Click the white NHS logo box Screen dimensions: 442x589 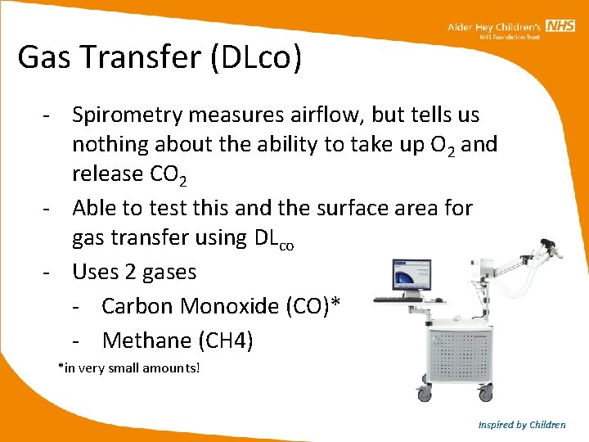point(561,27)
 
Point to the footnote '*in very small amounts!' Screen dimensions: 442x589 point(128,368)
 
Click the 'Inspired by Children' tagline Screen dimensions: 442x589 point(522,425)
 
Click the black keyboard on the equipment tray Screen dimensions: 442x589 point(398,299)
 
